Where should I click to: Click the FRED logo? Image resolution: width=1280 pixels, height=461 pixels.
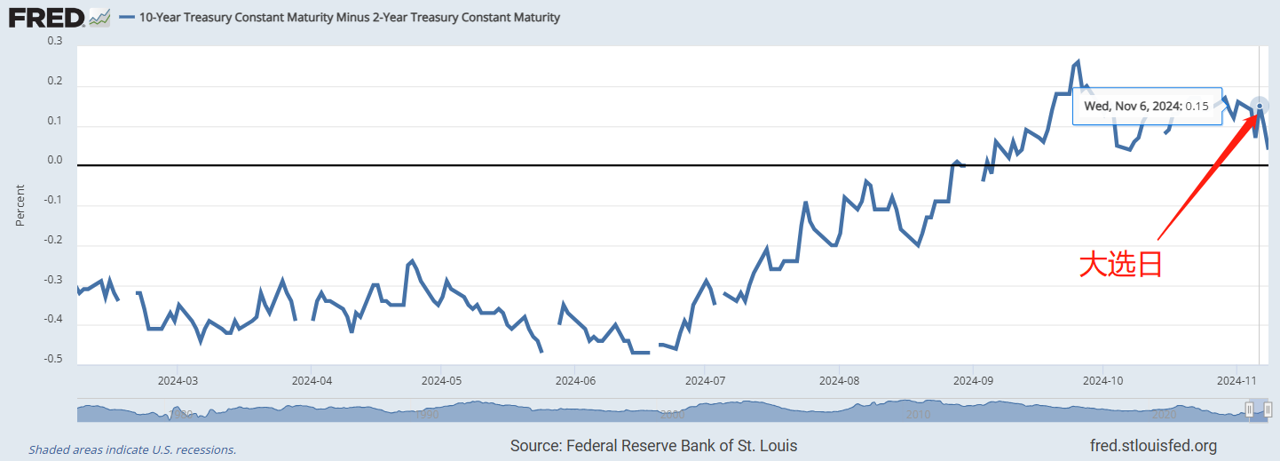pos(46,17)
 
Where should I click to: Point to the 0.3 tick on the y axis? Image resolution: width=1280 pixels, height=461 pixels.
pos(55,41)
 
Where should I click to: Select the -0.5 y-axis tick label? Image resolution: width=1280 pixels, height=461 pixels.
pos(53,359)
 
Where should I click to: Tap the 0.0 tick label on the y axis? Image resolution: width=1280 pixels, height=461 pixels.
pos(55,161)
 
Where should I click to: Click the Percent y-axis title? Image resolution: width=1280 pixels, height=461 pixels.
pos(20,205)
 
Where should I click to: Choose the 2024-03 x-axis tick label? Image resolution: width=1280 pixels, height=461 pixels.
pos(177,380)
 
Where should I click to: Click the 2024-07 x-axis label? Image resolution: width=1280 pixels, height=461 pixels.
pos(705,380)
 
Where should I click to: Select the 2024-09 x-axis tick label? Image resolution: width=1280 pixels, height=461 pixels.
pos(973,380)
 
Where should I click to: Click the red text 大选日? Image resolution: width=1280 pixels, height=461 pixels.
pos(1120,265)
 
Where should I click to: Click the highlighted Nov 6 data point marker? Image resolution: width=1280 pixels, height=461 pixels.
pos(1260,105)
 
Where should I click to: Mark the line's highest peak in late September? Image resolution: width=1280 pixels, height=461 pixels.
pos(1078,62)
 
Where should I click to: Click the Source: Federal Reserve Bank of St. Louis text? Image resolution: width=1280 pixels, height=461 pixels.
pos(654,445)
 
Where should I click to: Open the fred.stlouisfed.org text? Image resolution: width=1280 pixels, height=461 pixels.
pos(1153,445)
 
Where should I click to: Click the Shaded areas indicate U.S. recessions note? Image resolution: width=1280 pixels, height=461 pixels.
pos(132,449)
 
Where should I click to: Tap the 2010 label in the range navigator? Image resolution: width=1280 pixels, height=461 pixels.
pos(918,414)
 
